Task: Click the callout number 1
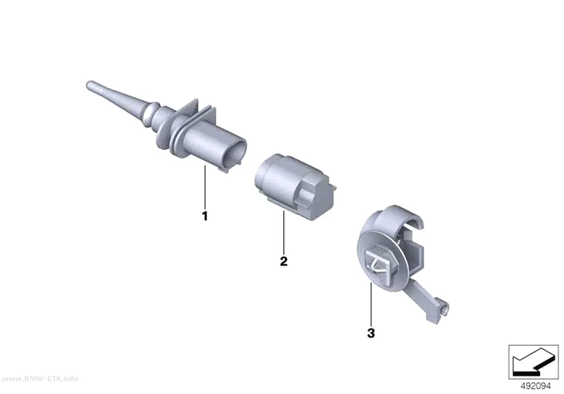205,216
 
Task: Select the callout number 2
284,261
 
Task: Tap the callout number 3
371,333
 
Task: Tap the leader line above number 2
284,232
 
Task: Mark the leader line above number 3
371,304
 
